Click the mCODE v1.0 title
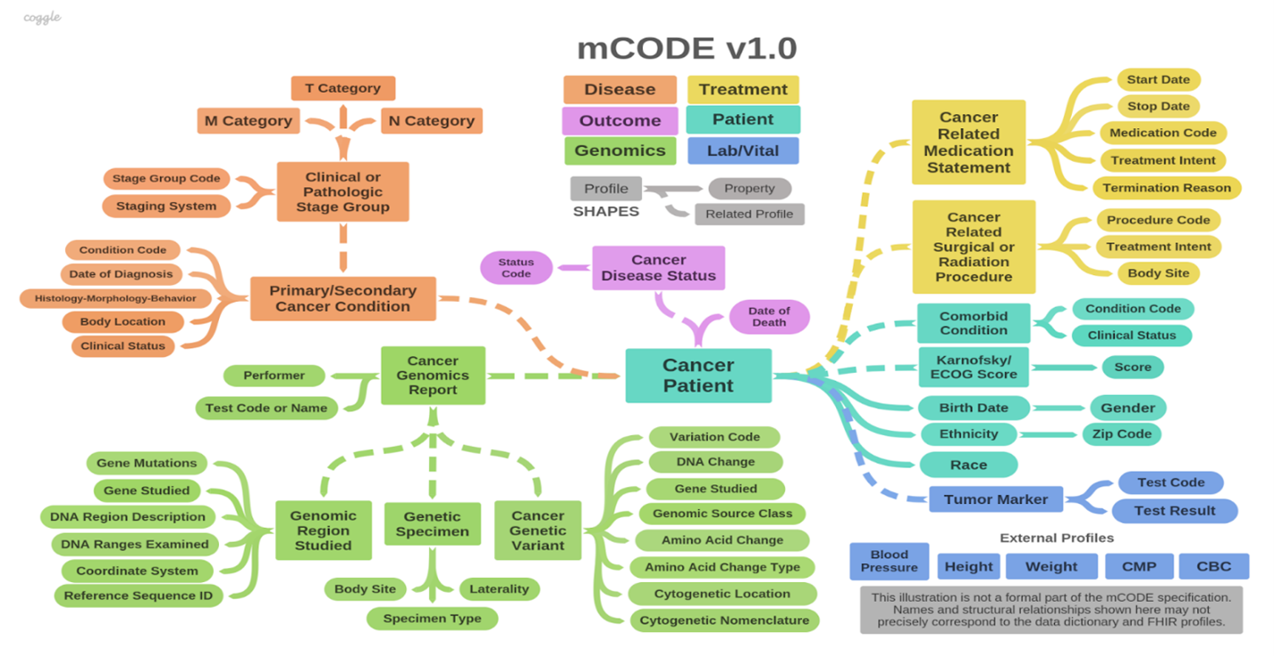click(x=687, y=48)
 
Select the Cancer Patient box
click(x=698, y=376)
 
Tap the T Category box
click(x=343, y=88)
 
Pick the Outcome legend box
click(x=620, y=120)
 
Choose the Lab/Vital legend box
click(x=742, y=150)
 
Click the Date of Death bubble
click(x=769, y=317)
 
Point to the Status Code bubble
click(x=515, y=268)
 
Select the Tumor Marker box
click(x=996, y=499)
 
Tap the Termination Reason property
click(x=1166, y=188)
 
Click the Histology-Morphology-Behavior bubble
click(x=116, y=298)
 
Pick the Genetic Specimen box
click(x=433, y=524)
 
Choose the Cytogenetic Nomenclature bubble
click(x=724, y=620)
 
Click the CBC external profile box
click(x=1213, y=566)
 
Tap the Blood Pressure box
click(x=889, y=561)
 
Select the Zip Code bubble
click(x=1122, y=433)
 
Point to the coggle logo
click(x=42, y=18)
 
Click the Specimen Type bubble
click(x=433, y=618)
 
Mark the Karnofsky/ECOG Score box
click(x=974, y=368)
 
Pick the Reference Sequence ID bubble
click(x=138, y=595)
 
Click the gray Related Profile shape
click(x=749, y=214)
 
